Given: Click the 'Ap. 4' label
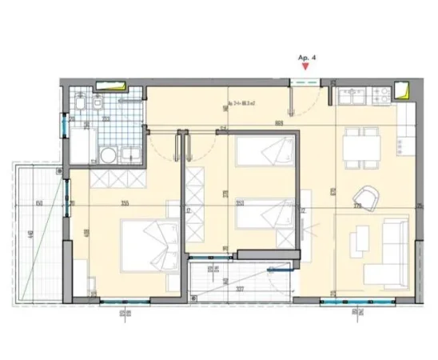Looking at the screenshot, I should click(306, 57).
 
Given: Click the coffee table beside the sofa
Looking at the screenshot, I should click(359, 242).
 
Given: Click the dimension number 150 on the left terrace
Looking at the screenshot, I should click(39, 204).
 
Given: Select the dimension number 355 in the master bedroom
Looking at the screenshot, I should click(125, 204).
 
